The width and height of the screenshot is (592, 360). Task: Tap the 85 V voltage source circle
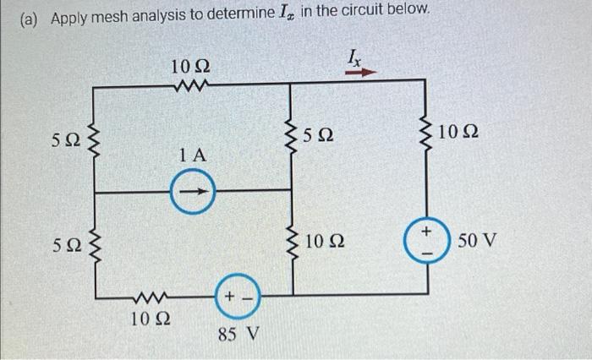coord(237,297)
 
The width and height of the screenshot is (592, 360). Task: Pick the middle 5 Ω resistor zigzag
coord(292,135)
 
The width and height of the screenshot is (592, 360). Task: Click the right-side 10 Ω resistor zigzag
coord(427,134)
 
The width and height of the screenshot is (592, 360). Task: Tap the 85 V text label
coord(238,335)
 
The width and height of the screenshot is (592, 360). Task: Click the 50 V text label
coord(477,243)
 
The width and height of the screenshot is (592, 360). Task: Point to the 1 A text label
coord(193,155)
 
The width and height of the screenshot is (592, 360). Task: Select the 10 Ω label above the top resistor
coord(190,65)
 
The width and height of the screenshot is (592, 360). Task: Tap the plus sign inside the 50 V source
coord(427,230)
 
